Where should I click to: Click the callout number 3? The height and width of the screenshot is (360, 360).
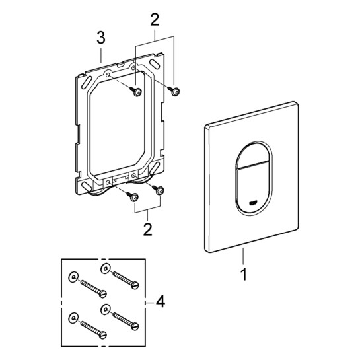click(101, 38)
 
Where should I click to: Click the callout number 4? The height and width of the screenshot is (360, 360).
click(161, 301)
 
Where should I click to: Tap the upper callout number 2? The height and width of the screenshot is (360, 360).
click(155, 19)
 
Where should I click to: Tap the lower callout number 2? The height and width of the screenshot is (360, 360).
click(147, 229)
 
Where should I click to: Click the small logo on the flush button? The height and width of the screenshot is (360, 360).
click(253, 203)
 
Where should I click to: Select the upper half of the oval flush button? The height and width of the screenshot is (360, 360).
click(253, 156)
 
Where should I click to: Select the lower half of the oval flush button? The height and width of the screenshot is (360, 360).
click(253, 189)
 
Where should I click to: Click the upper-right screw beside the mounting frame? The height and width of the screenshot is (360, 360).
click(174, 91)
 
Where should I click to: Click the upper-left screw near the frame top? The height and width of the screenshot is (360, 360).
click(136, 91)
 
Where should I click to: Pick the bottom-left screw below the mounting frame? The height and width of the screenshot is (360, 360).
click(133, 197)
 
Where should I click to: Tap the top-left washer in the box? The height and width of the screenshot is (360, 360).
click(73, 277)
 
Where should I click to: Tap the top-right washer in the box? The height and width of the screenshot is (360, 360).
click(106, 268)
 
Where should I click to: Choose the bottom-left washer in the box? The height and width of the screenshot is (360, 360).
click(73, 318)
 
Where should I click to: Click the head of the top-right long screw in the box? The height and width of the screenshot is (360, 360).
click(135, 285)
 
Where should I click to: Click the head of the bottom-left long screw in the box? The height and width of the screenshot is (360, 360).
click(103, 335)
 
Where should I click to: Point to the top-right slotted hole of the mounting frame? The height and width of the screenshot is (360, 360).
click(155, 63)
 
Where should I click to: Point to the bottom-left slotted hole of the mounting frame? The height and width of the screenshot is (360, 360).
click(87, 187)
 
